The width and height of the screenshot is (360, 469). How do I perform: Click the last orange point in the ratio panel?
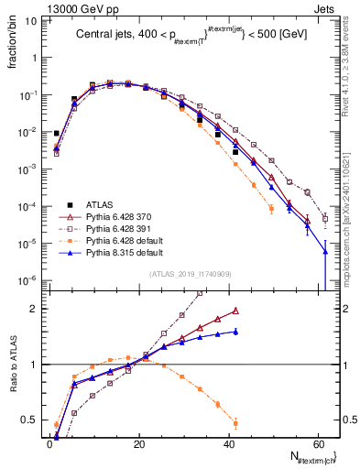pos(235,423)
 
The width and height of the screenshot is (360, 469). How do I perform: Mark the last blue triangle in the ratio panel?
pos(235,332)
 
